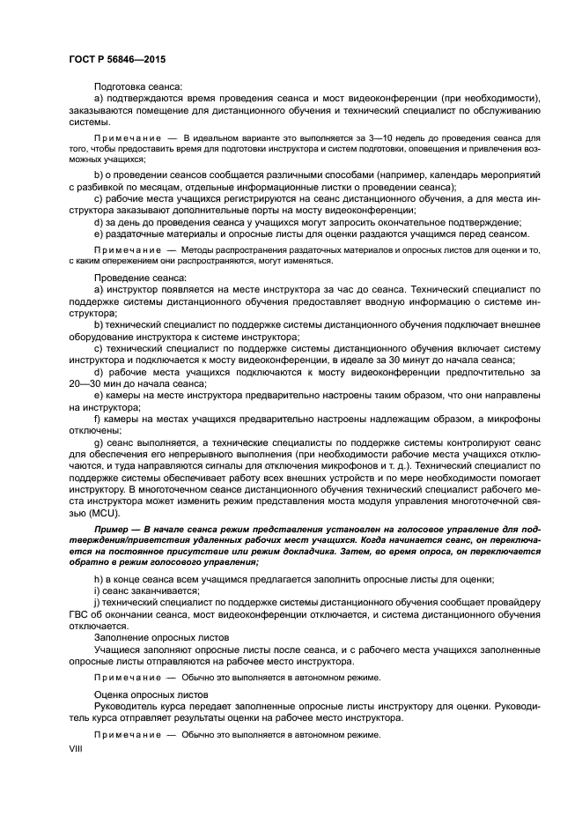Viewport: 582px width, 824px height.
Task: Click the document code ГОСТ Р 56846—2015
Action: tap(117, 59)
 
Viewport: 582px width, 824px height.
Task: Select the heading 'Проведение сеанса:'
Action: tap(139, 278)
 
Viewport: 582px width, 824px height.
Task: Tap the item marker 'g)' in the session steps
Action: tap(99, 442)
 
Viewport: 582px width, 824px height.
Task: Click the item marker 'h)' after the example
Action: tap(99, 578)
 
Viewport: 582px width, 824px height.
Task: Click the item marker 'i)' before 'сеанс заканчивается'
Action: tap(97, 590)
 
